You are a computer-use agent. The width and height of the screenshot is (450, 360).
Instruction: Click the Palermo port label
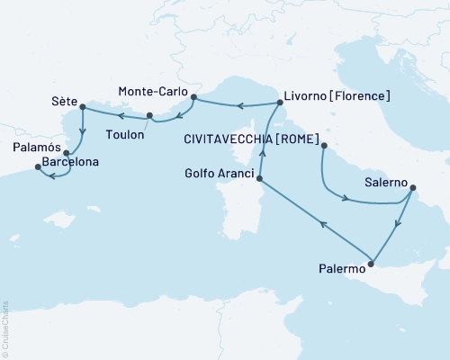[x=342, y=268]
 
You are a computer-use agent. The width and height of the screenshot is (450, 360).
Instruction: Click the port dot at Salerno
[x=411, y=189]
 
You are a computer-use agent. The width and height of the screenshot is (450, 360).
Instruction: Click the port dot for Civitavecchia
[x=323, y=144]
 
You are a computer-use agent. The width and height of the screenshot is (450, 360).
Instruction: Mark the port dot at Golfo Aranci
[x=259, y=179]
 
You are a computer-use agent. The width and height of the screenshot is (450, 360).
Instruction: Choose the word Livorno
[x=307, y=94]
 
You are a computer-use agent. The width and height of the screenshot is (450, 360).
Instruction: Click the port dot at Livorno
[x=279, y=102]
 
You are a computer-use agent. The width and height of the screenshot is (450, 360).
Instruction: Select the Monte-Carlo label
[x=152, y=91]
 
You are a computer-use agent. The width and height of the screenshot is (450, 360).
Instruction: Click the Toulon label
[x=125, y=131]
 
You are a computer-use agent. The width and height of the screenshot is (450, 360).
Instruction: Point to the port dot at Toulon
[x=149, y=114]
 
